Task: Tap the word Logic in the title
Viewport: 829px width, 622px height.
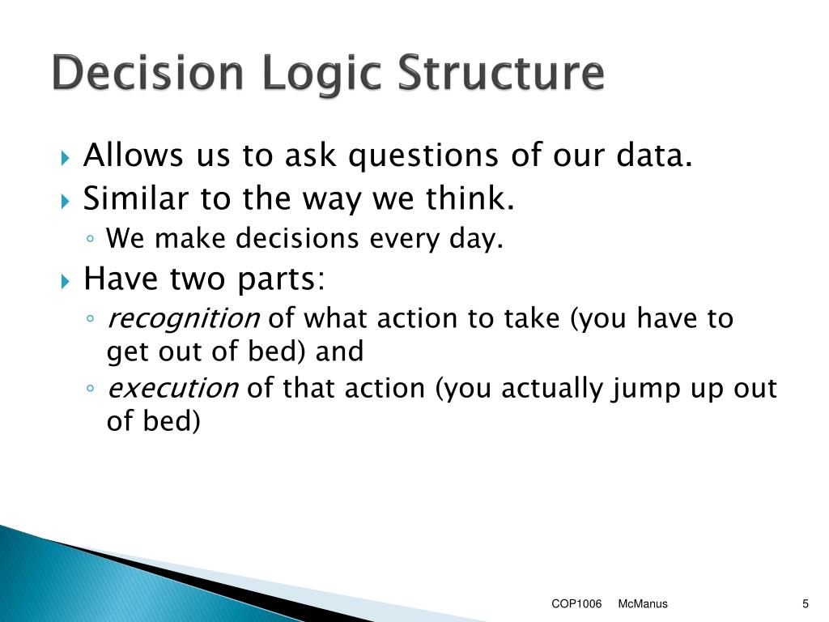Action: [x=321, y=75]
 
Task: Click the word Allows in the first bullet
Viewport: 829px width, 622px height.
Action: [x=134, y=155]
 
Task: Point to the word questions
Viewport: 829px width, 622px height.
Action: [x=423, y=156]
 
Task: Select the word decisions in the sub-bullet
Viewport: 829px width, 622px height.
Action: [x=297, y=238]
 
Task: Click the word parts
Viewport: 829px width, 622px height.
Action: [x=281, y=279]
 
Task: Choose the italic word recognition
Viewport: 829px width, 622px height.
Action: [x=183, y=319]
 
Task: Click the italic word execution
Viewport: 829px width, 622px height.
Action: [x=172, y=388]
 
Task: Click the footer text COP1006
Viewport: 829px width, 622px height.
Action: [x=576, y=604]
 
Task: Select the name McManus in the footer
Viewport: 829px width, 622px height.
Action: [x=642, y=604]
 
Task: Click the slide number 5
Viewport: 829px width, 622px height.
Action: [x=806, y=604]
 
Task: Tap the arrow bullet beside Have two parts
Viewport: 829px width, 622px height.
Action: [x=65, y=280]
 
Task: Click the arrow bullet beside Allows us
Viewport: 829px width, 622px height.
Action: [x=65, y=158]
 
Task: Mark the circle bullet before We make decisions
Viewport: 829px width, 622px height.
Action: [x=90, y=239]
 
